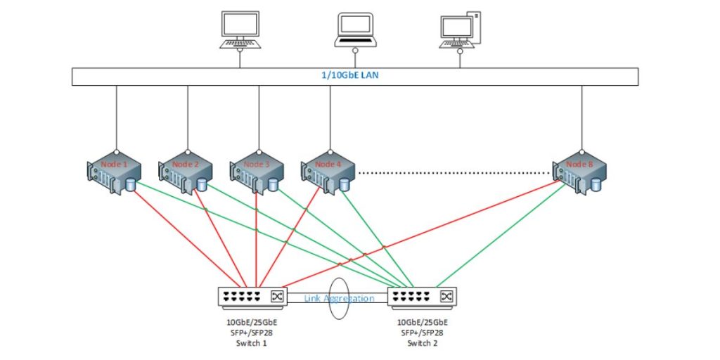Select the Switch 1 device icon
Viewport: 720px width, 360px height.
click(x=250, y=297)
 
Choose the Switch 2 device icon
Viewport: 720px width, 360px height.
click(x=420, y=297)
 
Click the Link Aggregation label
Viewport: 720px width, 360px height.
click(x=339, y=299)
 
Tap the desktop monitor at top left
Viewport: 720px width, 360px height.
click(x=240, y=30)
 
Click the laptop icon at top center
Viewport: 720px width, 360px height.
click(x=356, y=31)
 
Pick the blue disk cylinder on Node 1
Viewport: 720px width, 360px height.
click(x=130, y=185)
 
